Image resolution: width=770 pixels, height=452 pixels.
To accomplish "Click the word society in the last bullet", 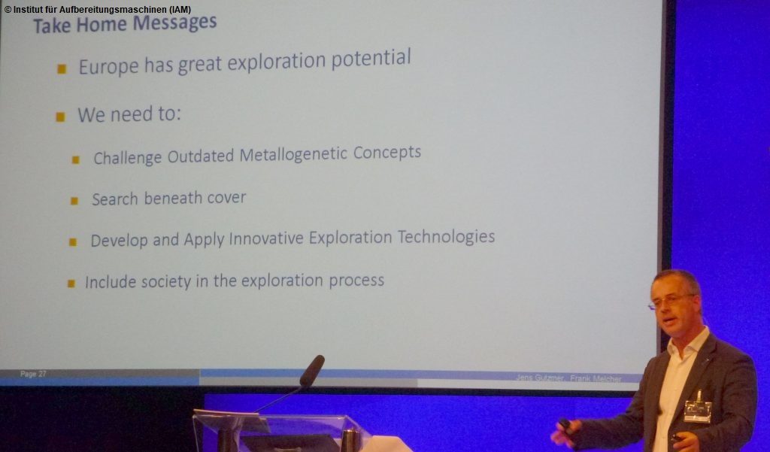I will pos(151,281).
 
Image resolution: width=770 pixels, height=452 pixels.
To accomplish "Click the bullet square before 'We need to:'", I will pos(60,117).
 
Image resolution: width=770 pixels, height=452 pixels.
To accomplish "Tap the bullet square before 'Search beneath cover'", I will pos(74,201).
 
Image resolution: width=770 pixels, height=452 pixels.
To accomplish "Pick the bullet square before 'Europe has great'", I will pos(62,69).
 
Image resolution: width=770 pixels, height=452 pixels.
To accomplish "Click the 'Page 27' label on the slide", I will pos(33,374).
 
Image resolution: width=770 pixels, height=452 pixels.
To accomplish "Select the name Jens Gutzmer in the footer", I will pos(539,378).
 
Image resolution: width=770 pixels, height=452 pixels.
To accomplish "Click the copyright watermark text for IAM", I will pos(97,9).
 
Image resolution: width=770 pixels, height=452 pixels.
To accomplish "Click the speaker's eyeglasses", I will pos(671,301).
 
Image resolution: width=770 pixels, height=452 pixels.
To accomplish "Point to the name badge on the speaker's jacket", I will pos(697,410).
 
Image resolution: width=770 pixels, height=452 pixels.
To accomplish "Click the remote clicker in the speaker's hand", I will pos(564,426).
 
